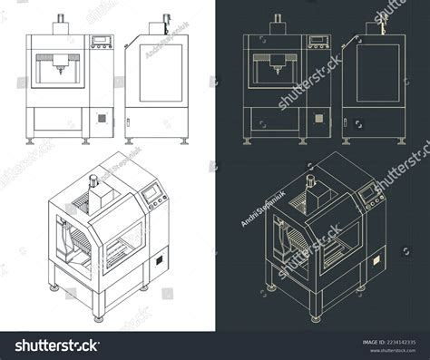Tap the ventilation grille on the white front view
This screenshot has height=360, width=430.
tap(102, 118)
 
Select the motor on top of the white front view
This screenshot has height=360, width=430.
tap(63, 22)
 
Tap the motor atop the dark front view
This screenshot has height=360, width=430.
tap(278, 22)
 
